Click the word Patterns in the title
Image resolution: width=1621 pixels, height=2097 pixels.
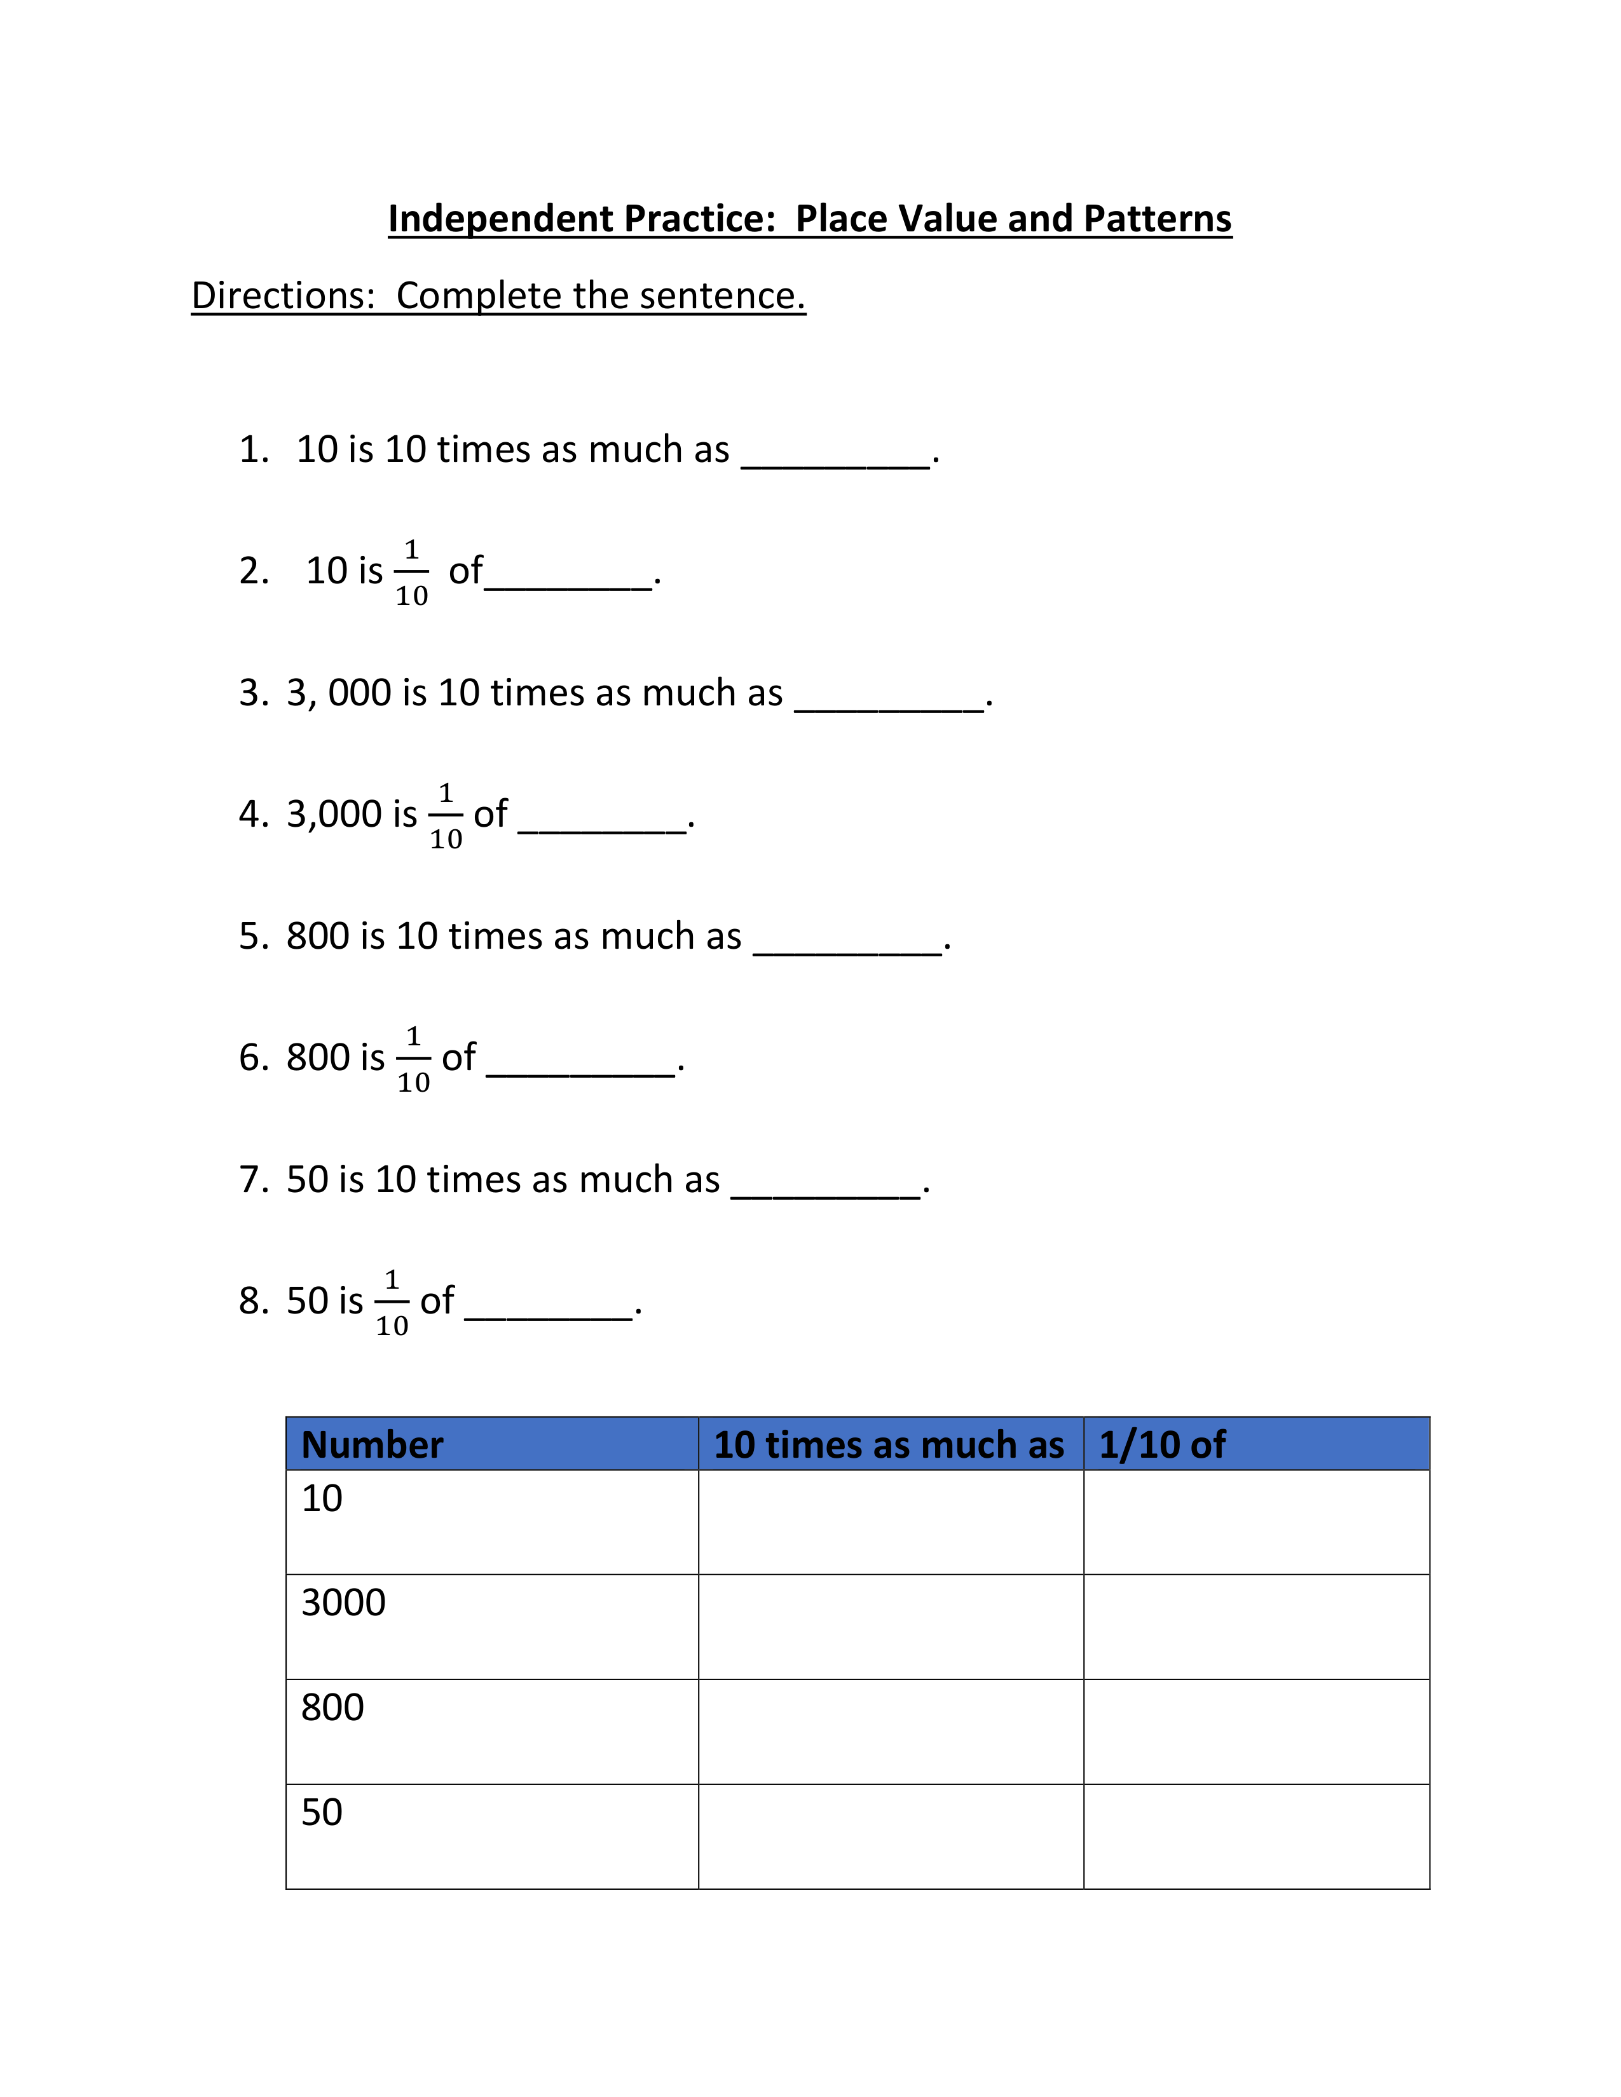pos(1157,219)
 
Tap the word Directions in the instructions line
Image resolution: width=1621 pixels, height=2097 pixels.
pos(282,295)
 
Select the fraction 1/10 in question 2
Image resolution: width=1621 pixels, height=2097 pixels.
pos(411,573)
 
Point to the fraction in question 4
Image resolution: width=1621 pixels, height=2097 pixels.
pos(446,816)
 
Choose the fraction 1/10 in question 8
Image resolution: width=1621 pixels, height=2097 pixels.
pos(392,1303)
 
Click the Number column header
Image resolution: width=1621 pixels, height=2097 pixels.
pos(372,1445)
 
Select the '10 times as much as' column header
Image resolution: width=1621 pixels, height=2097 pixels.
pos(889,1445)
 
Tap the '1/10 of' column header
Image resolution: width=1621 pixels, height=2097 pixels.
pos(1162,1445)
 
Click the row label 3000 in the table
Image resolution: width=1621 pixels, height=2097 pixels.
pos(343,1603)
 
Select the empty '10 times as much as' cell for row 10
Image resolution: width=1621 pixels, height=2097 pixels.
pos(890,1522)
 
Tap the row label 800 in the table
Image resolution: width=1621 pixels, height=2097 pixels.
pos(332,1708)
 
